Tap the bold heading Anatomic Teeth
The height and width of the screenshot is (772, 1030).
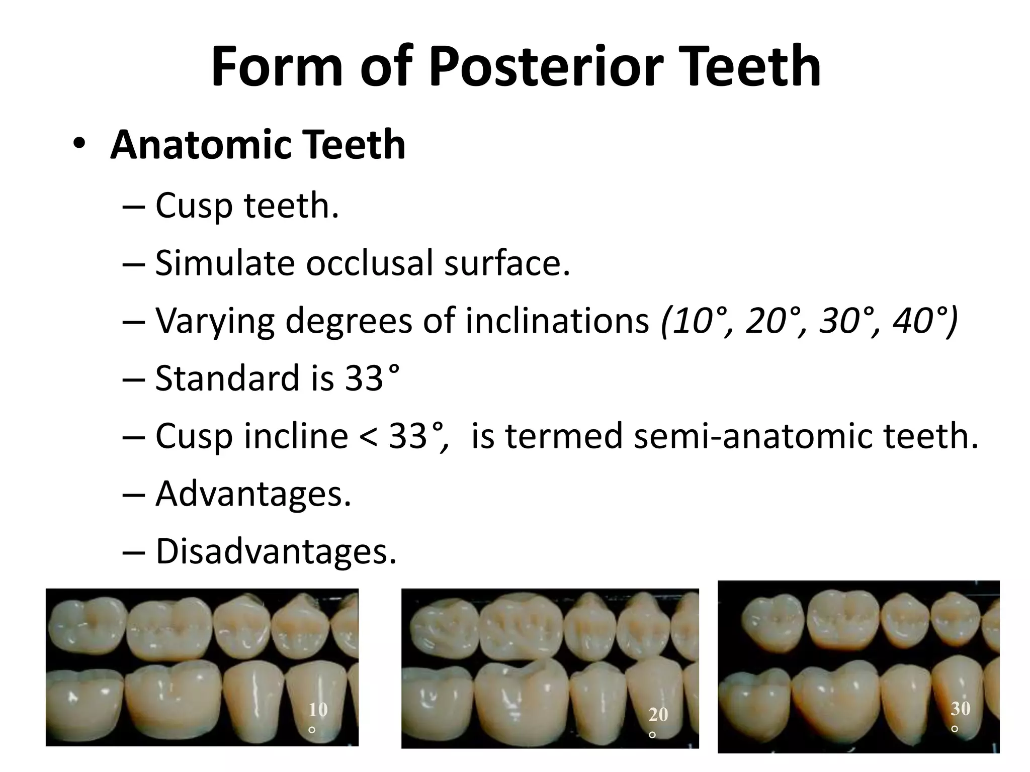257,145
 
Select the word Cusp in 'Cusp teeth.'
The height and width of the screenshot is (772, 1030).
194,206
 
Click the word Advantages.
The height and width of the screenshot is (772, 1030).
252,494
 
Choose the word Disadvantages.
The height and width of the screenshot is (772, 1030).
276,551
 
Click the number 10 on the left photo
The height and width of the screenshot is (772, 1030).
318,710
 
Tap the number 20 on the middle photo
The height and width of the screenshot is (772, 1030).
658,714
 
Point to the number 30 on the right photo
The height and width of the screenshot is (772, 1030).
960,708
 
